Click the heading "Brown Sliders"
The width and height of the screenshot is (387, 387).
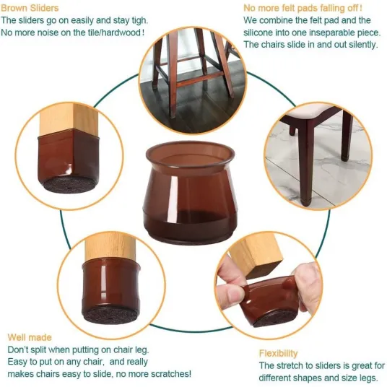(30, 8)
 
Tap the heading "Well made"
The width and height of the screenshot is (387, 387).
(30, 337)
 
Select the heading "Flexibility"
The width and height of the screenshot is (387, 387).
(279, 354)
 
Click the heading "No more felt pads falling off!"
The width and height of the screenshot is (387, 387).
(303, 8)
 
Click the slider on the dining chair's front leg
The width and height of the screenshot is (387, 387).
(305, 201)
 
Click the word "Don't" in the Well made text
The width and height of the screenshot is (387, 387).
(17, 349)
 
